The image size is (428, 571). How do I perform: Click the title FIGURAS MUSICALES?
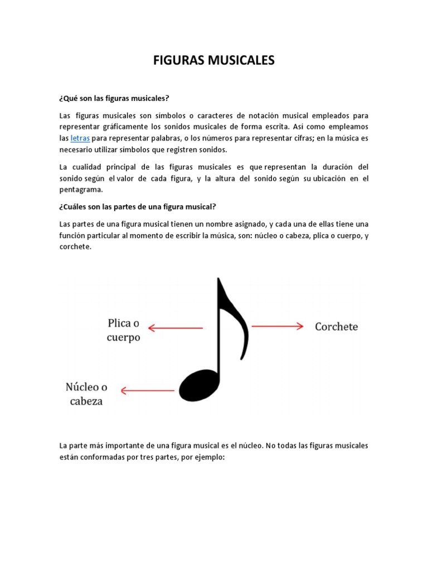pyautogui.click(x=214, y=60)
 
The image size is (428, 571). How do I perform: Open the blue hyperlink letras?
pyautogui.click(x=80, y=138)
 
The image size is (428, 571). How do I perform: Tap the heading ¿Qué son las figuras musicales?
pyautogui.click(x=114, y=98)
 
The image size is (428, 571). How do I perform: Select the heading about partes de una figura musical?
pyautogui.click(x=137, y=206)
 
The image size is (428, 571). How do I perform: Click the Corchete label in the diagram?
pyautogui.click(x=336, y=326)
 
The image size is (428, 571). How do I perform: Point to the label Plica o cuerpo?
pyautogui.click(x=123, y=330)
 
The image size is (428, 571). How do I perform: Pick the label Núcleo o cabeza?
pyautogui.click(x=86, y=394)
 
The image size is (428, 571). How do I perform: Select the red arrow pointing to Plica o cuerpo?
pyautogui.click(x=175, y=328)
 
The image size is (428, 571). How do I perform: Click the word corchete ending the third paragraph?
pyautogui.click(x=75, y=246)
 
